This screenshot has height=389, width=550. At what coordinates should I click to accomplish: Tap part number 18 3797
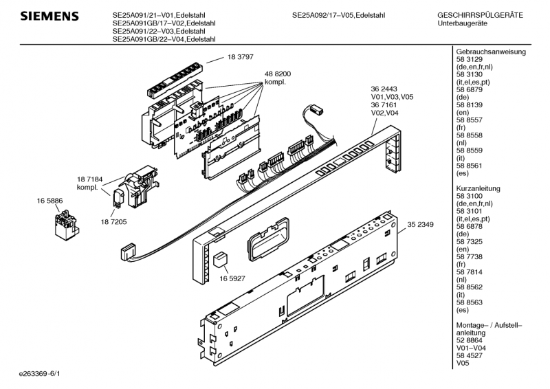(x=241, y=58)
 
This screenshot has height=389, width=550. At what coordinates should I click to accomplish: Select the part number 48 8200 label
(x=278, y=73)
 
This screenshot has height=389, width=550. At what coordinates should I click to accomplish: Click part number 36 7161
(x=384, y=105)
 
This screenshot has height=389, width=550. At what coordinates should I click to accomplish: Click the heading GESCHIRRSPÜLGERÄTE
(x=480, y=15)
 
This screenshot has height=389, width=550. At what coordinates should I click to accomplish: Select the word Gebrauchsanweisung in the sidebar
(x=490, y=52)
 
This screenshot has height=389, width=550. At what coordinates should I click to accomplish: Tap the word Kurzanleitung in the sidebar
(x=478, y=188)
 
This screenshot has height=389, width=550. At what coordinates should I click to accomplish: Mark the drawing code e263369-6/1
(x=40, y=374)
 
